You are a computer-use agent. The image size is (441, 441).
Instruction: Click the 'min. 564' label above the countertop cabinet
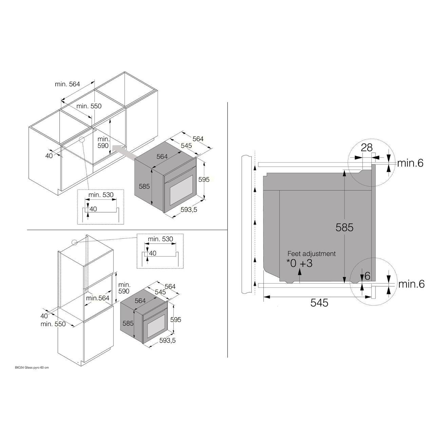tap(67, 84)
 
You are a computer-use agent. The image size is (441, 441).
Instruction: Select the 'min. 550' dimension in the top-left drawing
tap(89, 106)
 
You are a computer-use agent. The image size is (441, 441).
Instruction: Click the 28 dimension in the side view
tap(367, 148)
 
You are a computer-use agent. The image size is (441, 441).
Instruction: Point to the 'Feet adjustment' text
tap(311, 253)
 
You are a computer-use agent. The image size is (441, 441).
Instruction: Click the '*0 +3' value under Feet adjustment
tap(300, 263)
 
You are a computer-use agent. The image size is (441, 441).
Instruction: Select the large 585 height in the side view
tap(344, 228)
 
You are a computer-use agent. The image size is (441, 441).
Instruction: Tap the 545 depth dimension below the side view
tap(319, 303)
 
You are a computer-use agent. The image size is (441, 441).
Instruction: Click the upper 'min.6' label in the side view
tap(410, 163)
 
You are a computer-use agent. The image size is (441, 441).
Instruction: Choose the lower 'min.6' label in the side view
tap(411, 284)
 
